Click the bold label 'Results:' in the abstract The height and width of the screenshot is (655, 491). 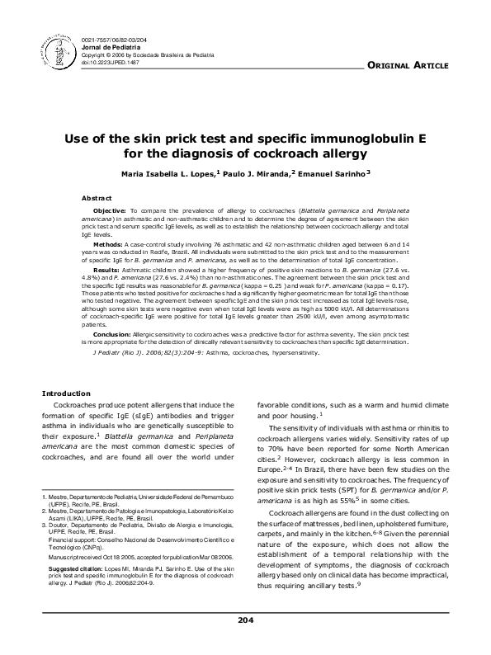[106, 270]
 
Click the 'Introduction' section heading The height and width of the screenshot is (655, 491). [66, 393]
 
